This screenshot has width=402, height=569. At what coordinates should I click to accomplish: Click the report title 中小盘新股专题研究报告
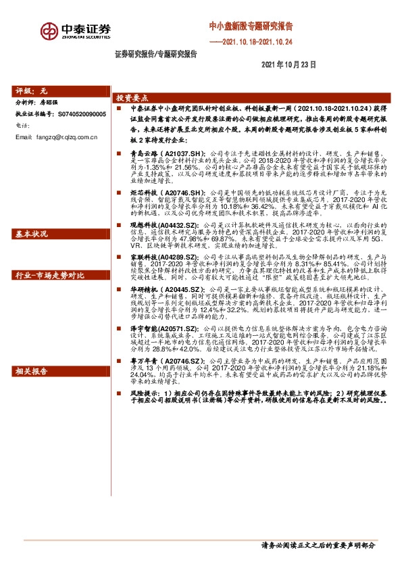(x=251, y=26)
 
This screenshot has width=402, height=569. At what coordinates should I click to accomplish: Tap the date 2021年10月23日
(x=288, y=63)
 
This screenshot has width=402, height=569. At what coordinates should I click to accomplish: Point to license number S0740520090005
(x=78, y=114)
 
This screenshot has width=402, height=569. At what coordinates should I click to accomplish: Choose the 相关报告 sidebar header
(x=33, y=371)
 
